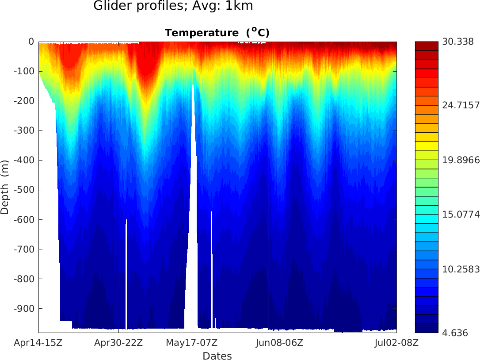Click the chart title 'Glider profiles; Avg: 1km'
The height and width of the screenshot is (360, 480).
[x=173, y=6]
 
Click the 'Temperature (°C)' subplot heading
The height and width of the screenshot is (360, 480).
[x=217, y=33]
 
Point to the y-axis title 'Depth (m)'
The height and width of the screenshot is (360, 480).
[x=5, y=187]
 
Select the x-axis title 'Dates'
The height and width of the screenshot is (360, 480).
[x=217, y=356]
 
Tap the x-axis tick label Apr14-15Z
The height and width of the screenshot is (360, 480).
[x=38, y=342]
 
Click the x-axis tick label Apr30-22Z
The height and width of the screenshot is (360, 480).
[x=119, y=342]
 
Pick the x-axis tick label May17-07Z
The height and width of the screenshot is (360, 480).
[x=192, y=342]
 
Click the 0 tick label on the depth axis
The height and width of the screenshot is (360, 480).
[x=31, y=42]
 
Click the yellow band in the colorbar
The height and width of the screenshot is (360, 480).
[x=427, y=146]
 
